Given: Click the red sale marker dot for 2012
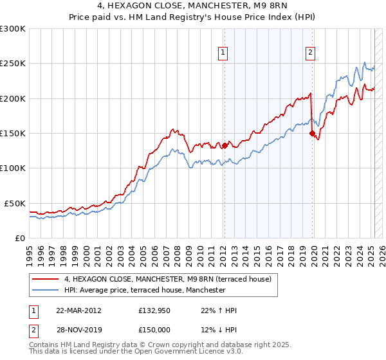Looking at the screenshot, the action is (x=225, y=146).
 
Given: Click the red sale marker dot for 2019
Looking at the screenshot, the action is (x=312, y=134).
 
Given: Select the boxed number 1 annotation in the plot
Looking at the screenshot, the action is (x=223, y=53).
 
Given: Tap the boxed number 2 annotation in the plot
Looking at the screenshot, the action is (x=310, y=53).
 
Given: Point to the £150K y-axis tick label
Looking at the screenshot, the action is (x=13, y=134).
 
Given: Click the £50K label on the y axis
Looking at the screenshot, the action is (x=15, y=204).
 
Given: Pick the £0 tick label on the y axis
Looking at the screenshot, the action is (x=20, y=239).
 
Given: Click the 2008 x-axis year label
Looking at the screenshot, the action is (x=177, y=256).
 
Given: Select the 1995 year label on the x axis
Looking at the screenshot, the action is (x=30, y=256).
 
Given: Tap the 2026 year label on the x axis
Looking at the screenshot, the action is (x=382, y=256).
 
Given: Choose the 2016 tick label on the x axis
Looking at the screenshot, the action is (x=268, y=256).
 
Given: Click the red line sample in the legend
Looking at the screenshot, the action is (x=45, y=279).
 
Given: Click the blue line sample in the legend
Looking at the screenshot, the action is (x=45, y=290).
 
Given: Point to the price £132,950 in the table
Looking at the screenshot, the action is (x=154, y=310).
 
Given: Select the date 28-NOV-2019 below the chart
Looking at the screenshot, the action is (x=79, y=330).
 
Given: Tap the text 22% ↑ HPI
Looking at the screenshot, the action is (x=219, y=310).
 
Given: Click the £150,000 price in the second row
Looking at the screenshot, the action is (x=154, y=330).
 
